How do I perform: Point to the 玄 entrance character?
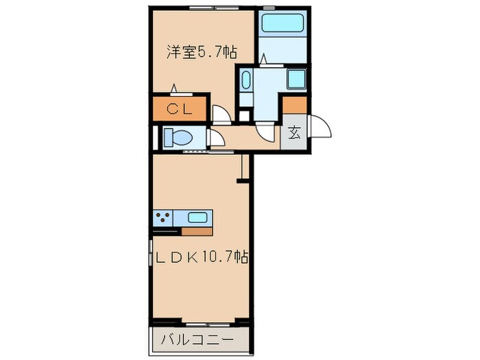pyautogui.click(x=294, y=134)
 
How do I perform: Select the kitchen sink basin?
pyautogui.click(x=198, y=218)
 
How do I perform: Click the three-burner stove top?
pyautogui.click(x=163, y=218)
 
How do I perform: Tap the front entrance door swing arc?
pyautogui.click(x=319, y=127)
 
